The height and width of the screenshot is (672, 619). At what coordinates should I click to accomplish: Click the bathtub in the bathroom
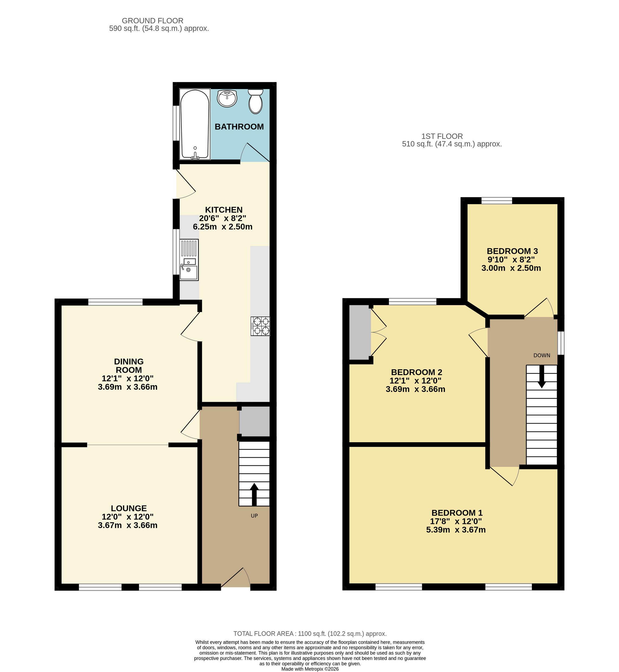[x=195, y=124]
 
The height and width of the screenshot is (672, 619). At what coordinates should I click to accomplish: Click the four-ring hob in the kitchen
[x=260, y=326]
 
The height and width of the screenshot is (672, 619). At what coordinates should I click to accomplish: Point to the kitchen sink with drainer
[x=189, y=260]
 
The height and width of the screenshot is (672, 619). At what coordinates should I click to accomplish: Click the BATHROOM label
[x=239, y=127]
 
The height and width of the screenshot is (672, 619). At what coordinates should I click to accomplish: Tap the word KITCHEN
[x=224, y=210]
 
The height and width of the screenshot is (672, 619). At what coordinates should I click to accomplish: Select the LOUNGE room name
[x=129, y=508]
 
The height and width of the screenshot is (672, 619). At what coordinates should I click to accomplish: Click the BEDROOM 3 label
[x=512, y=251]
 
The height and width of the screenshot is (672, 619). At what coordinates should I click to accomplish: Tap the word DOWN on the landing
[x=542, y=355]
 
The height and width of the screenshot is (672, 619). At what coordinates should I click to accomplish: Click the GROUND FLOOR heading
[x=152, y=21]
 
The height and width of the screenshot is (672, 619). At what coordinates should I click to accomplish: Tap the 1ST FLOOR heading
[x=442, y=136]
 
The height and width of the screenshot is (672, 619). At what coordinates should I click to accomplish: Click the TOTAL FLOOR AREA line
[x=310, y=634]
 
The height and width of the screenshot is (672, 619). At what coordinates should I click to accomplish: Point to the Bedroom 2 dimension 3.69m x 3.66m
[x=415, y=389]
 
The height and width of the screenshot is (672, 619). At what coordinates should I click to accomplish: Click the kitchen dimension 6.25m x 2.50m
[x=223, y=227]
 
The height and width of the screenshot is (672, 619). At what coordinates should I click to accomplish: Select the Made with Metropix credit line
[x=310, y=669]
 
